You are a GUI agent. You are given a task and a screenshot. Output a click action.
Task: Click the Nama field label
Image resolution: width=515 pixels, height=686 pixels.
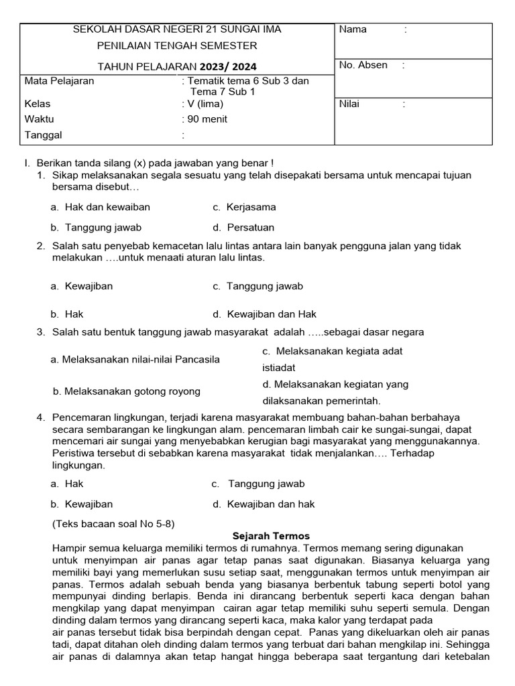click(353, 29)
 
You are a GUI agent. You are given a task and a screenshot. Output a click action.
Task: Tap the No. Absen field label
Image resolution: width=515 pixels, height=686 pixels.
click(363, 65)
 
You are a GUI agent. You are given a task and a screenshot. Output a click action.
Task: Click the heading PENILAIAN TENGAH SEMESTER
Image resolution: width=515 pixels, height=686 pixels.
click(177, 46)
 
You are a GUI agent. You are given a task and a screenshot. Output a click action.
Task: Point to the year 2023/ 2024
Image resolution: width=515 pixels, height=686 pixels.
click(227, 67)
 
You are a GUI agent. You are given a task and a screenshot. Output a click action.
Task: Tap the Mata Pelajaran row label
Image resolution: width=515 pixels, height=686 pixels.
click(59, 81)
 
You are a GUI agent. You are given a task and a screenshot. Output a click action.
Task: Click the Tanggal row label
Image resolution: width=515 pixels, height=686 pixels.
click(43, 135)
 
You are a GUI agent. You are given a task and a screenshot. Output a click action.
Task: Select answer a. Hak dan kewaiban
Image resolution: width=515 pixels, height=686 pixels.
click(100, 207)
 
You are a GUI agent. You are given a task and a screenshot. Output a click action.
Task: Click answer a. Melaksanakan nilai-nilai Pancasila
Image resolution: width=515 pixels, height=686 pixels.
click(135, 359)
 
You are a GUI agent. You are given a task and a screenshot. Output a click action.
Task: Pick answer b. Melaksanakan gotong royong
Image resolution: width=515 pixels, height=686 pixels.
click(126, 391)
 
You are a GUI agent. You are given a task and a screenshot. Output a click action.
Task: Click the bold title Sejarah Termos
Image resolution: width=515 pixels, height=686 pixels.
click(271, 536)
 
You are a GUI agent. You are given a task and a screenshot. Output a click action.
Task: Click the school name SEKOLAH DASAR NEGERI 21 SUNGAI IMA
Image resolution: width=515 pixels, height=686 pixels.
click(177, 29)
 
